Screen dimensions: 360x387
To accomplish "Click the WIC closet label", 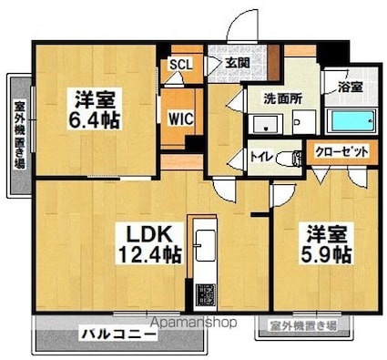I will click(x=179, y=116).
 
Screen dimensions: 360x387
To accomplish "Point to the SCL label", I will click(x=180, y=65).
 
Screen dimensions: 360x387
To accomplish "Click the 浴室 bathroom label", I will click(x=351, y=87).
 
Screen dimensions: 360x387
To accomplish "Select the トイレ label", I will click(x=260, y=156).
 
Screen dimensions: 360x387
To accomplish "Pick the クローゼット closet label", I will click(x=342, y=152).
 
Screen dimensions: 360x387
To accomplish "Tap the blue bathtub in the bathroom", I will click(x=351, y=121).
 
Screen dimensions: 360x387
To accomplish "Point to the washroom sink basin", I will click(x=266, y=123).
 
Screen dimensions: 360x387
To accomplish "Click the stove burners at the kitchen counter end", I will click(x=203, y=293).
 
